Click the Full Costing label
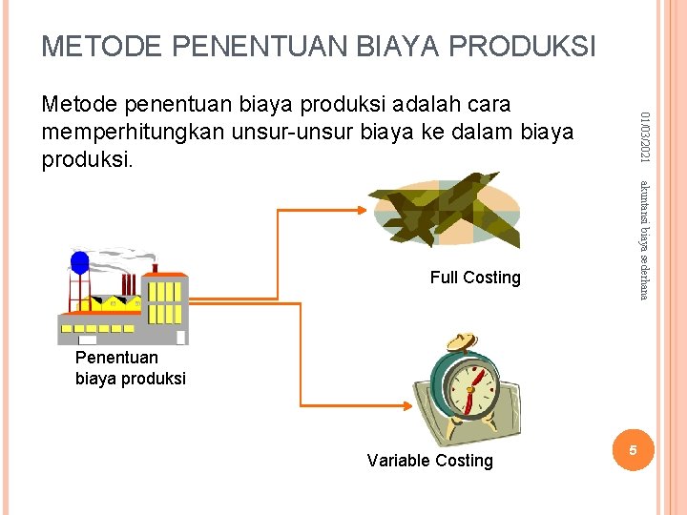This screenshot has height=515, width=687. tap(475, 278)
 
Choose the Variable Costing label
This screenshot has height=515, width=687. tap(429, 461)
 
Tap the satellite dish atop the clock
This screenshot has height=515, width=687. tap(464, 342)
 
